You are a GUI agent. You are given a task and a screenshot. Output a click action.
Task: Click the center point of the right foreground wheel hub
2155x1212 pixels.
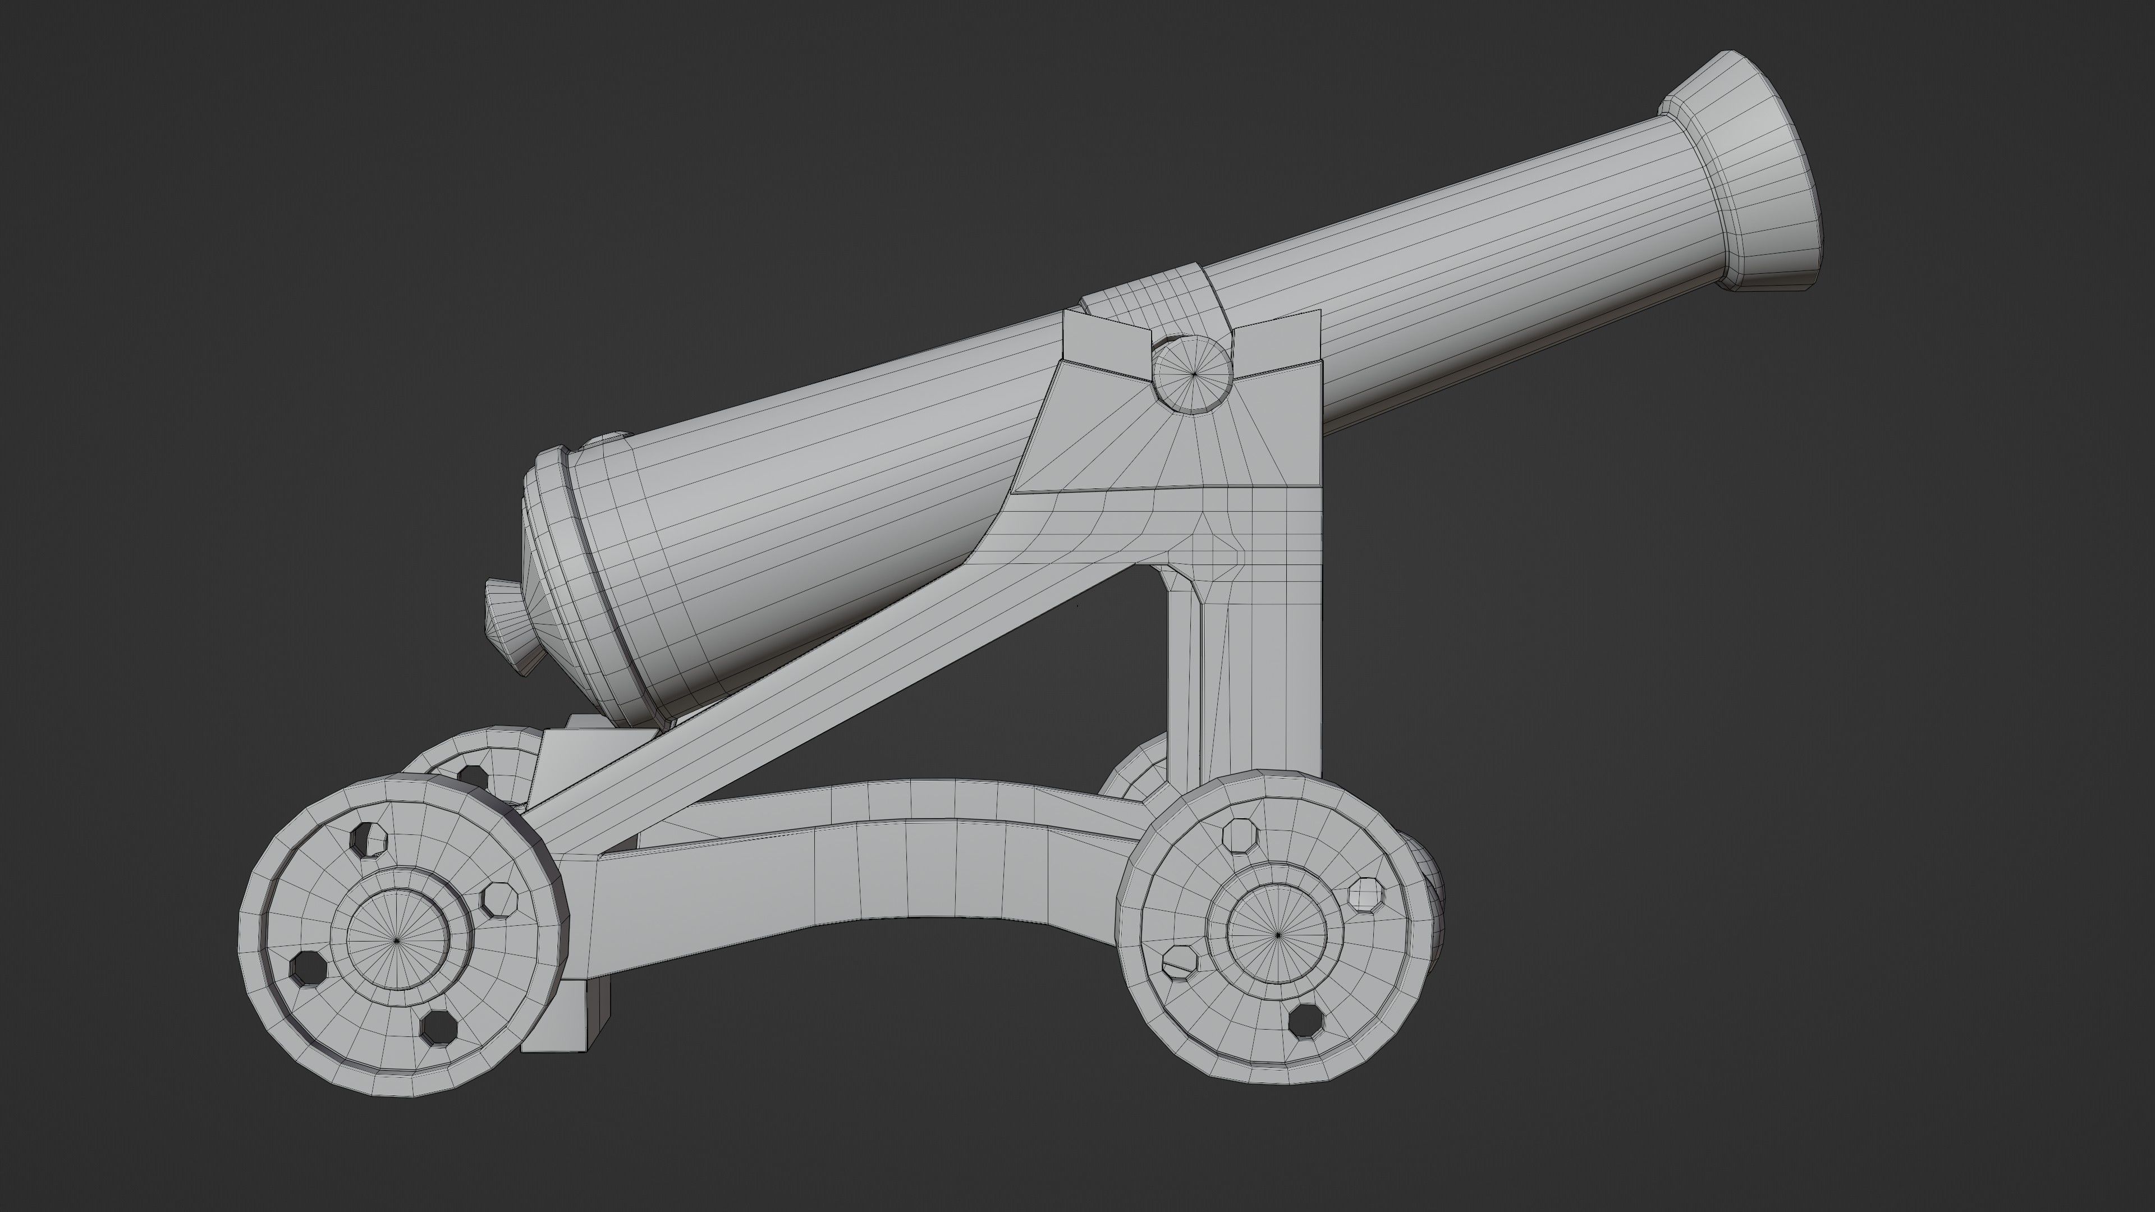[1277, 934]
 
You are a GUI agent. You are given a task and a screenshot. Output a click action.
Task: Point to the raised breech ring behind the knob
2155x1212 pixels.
[577, 577]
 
